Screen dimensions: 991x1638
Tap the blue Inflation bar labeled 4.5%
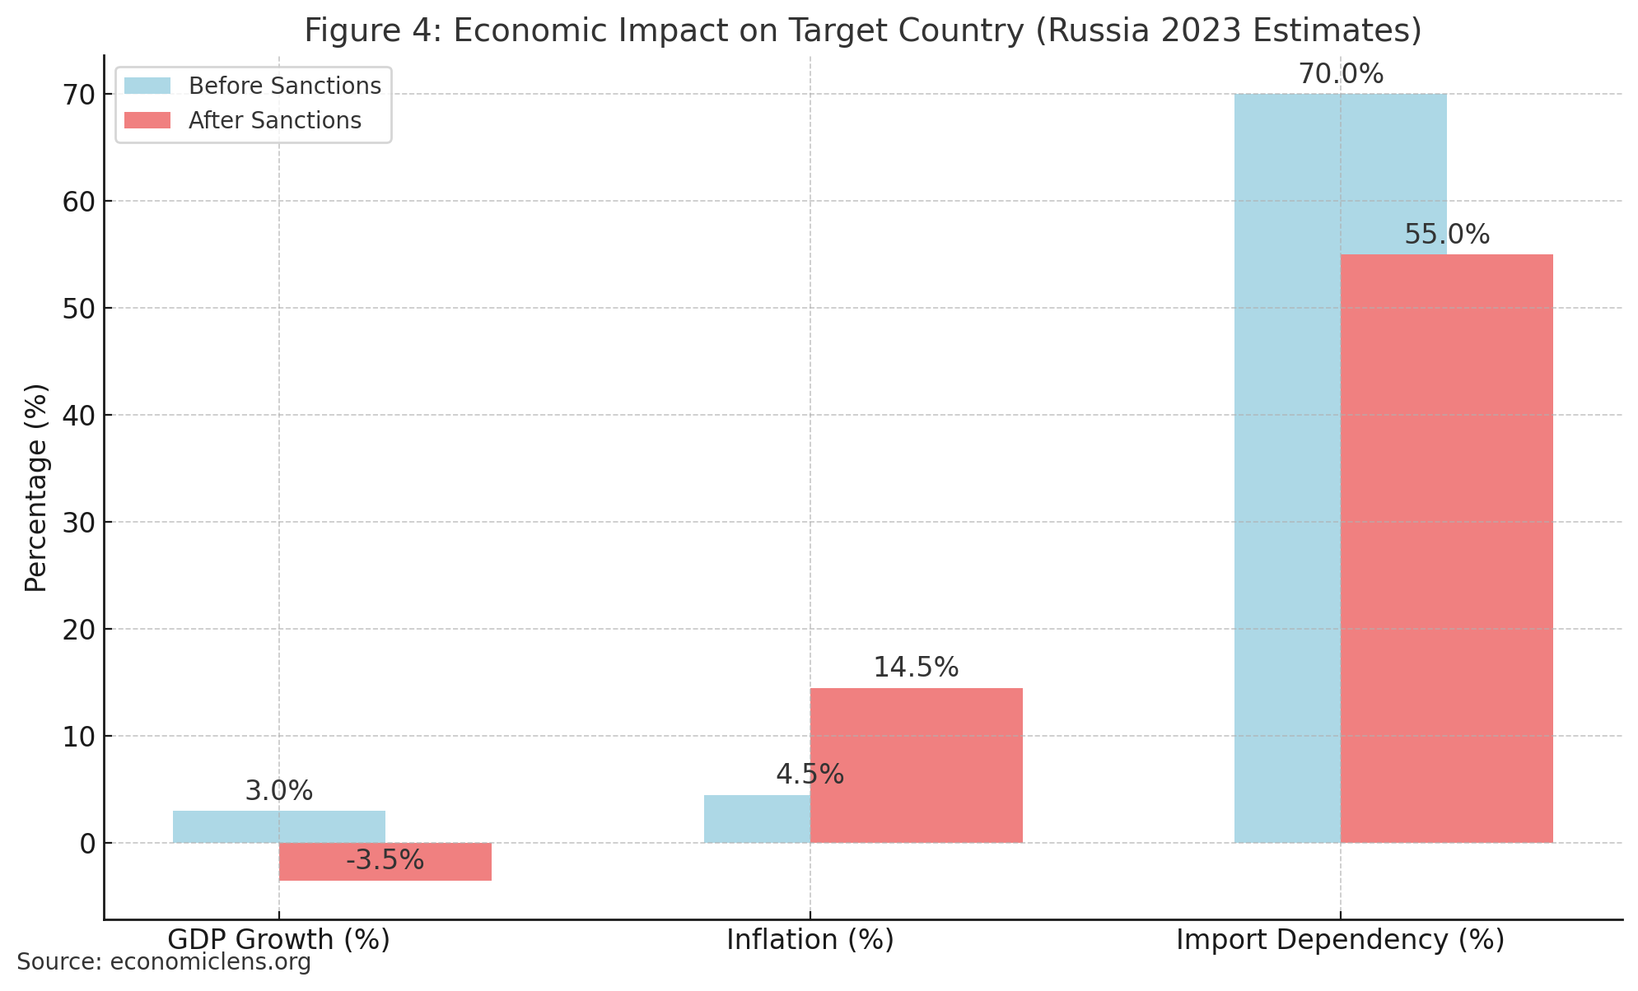(x=756, y=819)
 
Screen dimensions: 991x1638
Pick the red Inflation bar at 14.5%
(x=916, y=765)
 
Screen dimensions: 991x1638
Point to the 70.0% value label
(x=1341, y=75)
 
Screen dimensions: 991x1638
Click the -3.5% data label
(x=385, y=861)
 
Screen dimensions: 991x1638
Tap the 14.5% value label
(x=916, y=668)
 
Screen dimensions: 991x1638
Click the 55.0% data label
(x=1446, y=235)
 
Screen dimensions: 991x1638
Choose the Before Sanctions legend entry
(x=283, y=86)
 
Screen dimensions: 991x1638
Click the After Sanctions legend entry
(x=274, y=121)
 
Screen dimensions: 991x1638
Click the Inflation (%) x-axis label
(x=810, y=940)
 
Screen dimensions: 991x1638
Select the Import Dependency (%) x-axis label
(x=1340, y=940)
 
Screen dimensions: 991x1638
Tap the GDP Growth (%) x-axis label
(x=278, y=940)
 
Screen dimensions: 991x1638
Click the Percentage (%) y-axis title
(x=36, y=487)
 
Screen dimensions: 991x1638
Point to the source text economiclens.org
(x=210, y=962)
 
